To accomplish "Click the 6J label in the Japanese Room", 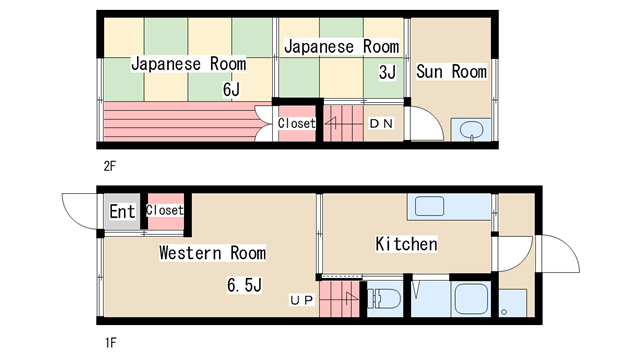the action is coord(231,89).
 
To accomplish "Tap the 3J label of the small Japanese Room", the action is coord(387,72).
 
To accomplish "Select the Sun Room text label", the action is coord(451,72).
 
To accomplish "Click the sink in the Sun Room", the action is coord(471,131).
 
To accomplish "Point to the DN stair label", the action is coord(381,123).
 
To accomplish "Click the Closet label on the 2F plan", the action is coord(297,123).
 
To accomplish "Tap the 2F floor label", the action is coord(109,166).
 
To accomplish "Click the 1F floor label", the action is coord(110,343).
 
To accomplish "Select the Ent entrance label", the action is coord(122,211).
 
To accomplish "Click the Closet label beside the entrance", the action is coord(164,210).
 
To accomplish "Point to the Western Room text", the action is coord(213,253).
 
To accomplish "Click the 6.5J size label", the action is coord(244,285).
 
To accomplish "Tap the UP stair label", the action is coord(302,300).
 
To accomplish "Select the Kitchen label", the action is coord(406,244).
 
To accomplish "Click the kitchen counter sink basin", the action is coord(429,206).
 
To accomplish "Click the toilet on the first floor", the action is coord(384,299).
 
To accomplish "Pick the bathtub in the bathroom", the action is coord(471,299).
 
